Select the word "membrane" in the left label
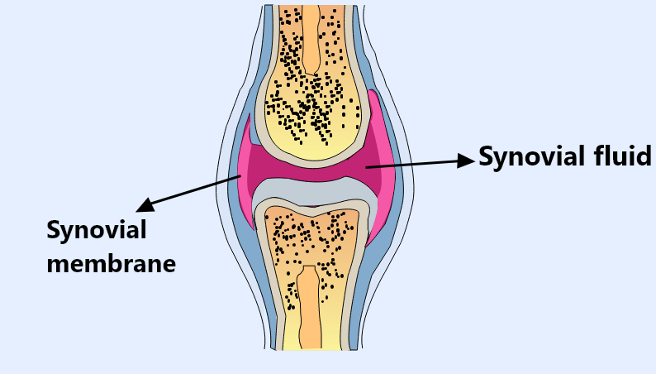[111, 264]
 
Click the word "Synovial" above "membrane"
[97, 231]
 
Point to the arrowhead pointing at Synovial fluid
[466, 161]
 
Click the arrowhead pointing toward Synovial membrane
[145, 205]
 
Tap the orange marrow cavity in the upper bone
[311, 40]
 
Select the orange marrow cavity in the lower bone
[310, 307]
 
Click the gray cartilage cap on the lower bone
[311, 192]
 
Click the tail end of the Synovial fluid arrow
[366, 167]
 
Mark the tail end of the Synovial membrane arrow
[240, 176]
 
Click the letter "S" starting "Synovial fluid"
[486, 156]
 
